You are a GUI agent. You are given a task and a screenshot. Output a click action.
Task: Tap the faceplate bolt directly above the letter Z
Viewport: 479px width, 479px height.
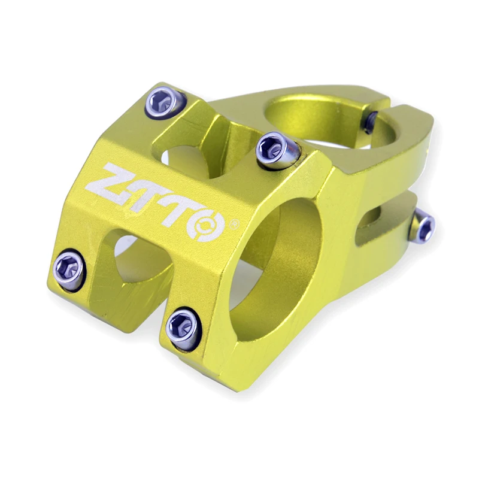165,102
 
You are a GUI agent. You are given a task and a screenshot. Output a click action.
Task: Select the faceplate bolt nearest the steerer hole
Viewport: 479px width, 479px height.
277,151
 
